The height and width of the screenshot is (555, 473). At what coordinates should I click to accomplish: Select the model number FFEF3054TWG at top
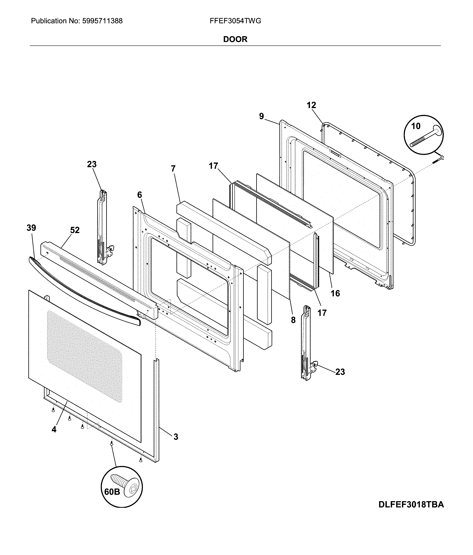click(x=235, y=21)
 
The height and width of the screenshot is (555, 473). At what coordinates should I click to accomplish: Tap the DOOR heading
click(x=235, y=39)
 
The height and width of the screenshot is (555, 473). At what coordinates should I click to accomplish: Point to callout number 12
click(x=311, y=105)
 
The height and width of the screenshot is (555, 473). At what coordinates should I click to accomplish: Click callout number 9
click(x=262, y=116)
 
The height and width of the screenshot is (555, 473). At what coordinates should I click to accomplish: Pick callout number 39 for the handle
click(x=31, y=228)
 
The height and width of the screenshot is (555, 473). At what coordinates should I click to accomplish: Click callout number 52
click(x=75, y=230)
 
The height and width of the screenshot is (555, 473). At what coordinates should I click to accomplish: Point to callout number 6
click(x=140, y=195)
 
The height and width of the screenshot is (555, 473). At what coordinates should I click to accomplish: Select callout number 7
click(x=173, y=169)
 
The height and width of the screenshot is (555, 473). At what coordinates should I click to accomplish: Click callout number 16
click(x=335, y=293)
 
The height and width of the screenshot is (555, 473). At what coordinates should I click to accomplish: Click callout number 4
click(x=54, y=430)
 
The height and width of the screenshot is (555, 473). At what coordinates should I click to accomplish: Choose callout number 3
click(x=176, y=437)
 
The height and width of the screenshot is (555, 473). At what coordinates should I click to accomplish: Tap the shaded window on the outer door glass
click(x=84, y=356)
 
